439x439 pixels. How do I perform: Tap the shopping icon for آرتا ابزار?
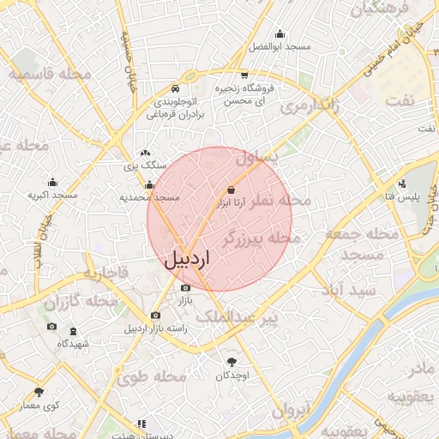(231, 189)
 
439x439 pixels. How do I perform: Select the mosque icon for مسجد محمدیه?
(150, 184)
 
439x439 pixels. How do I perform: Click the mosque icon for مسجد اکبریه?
(53, 182)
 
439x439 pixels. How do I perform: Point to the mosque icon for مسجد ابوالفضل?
(280, 33)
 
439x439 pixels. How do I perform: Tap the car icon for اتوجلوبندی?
(175, 88)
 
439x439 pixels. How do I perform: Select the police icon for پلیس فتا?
(402, 183)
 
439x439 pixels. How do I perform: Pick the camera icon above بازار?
(184, 288)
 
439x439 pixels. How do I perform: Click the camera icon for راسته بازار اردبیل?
(155, 315)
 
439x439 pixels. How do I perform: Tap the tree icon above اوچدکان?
(232, 362)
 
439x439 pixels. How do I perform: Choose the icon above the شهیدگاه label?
(73, 329)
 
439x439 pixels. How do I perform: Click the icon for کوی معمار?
(39, 392)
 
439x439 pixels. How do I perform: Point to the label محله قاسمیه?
(51, 75)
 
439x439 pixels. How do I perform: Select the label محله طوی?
(153, 376)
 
